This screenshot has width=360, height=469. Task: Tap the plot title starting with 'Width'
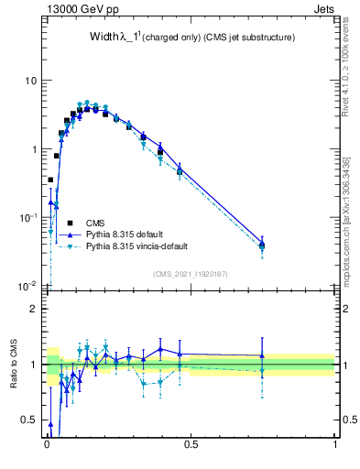point(191,38)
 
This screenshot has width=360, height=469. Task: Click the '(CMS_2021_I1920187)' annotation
point(191,273)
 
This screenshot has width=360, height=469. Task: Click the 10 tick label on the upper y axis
point(30,81)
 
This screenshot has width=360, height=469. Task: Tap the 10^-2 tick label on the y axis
point(27,286)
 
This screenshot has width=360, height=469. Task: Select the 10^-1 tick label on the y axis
point(27,217)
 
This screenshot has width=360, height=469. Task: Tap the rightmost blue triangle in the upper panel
point(262,244)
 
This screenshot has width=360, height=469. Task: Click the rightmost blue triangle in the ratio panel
point(262,355)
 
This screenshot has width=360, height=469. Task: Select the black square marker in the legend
point(69,223)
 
